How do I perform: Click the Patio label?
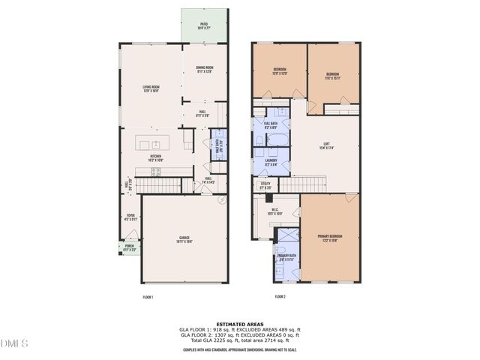(x=203, y=26)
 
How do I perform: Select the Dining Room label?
(x=204, y=70)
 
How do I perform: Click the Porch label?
(x=130, y=248)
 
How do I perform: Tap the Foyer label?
(x=130, y=218)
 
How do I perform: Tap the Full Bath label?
(x=270, y=124)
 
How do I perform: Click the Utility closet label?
(x=265, y=184)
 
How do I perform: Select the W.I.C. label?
(x=274, y=211)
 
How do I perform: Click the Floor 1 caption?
(x=148, y=297)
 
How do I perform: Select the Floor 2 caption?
(x=280, y=297)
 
